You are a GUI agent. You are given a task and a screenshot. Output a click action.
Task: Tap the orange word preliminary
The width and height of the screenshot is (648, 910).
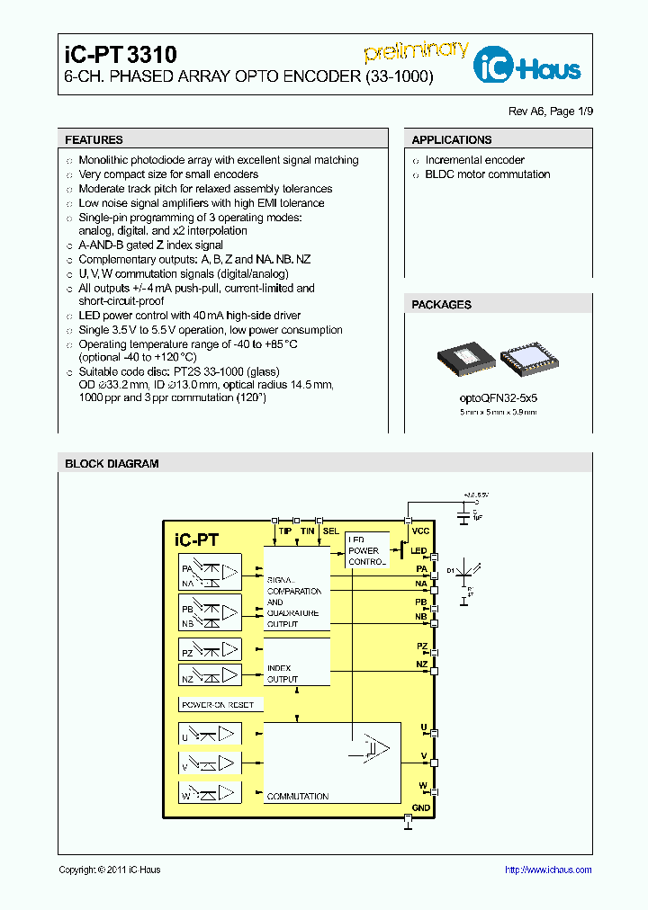(416, 51)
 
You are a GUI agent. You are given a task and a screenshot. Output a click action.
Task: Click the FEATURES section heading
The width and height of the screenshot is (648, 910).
(94, 140)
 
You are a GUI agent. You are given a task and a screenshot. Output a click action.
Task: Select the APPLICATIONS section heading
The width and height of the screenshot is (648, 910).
(451, 140)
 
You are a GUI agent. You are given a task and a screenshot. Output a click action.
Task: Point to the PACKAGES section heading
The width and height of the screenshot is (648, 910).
(441, 305)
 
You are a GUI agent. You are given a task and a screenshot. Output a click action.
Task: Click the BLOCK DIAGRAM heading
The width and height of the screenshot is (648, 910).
(112, 464)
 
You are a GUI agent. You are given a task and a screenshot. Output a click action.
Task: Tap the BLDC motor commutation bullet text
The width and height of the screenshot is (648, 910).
(487, 174)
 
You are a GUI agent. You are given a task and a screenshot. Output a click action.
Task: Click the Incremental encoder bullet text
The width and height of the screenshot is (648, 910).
(474, 160)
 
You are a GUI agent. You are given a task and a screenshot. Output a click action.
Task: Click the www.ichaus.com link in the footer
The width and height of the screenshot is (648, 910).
(547, 870)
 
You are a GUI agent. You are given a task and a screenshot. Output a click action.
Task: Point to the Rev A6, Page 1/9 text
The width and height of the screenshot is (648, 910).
(551, 112)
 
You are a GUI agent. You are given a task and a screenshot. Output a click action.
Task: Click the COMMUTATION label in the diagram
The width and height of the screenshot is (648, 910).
(297, 797)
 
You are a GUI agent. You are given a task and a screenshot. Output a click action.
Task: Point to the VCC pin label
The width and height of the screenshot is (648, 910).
(420, 531)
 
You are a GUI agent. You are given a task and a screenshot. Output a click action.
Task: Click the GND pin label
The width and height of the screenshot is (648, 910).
(421, 807)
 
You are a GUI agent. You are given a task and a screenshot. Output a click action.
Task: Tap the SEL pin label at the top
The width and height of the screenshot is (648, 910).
(330, 531)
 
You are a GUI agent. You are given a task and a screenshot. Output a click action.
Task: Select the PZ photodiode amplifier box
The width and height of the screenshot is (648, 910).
(210, 649)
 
